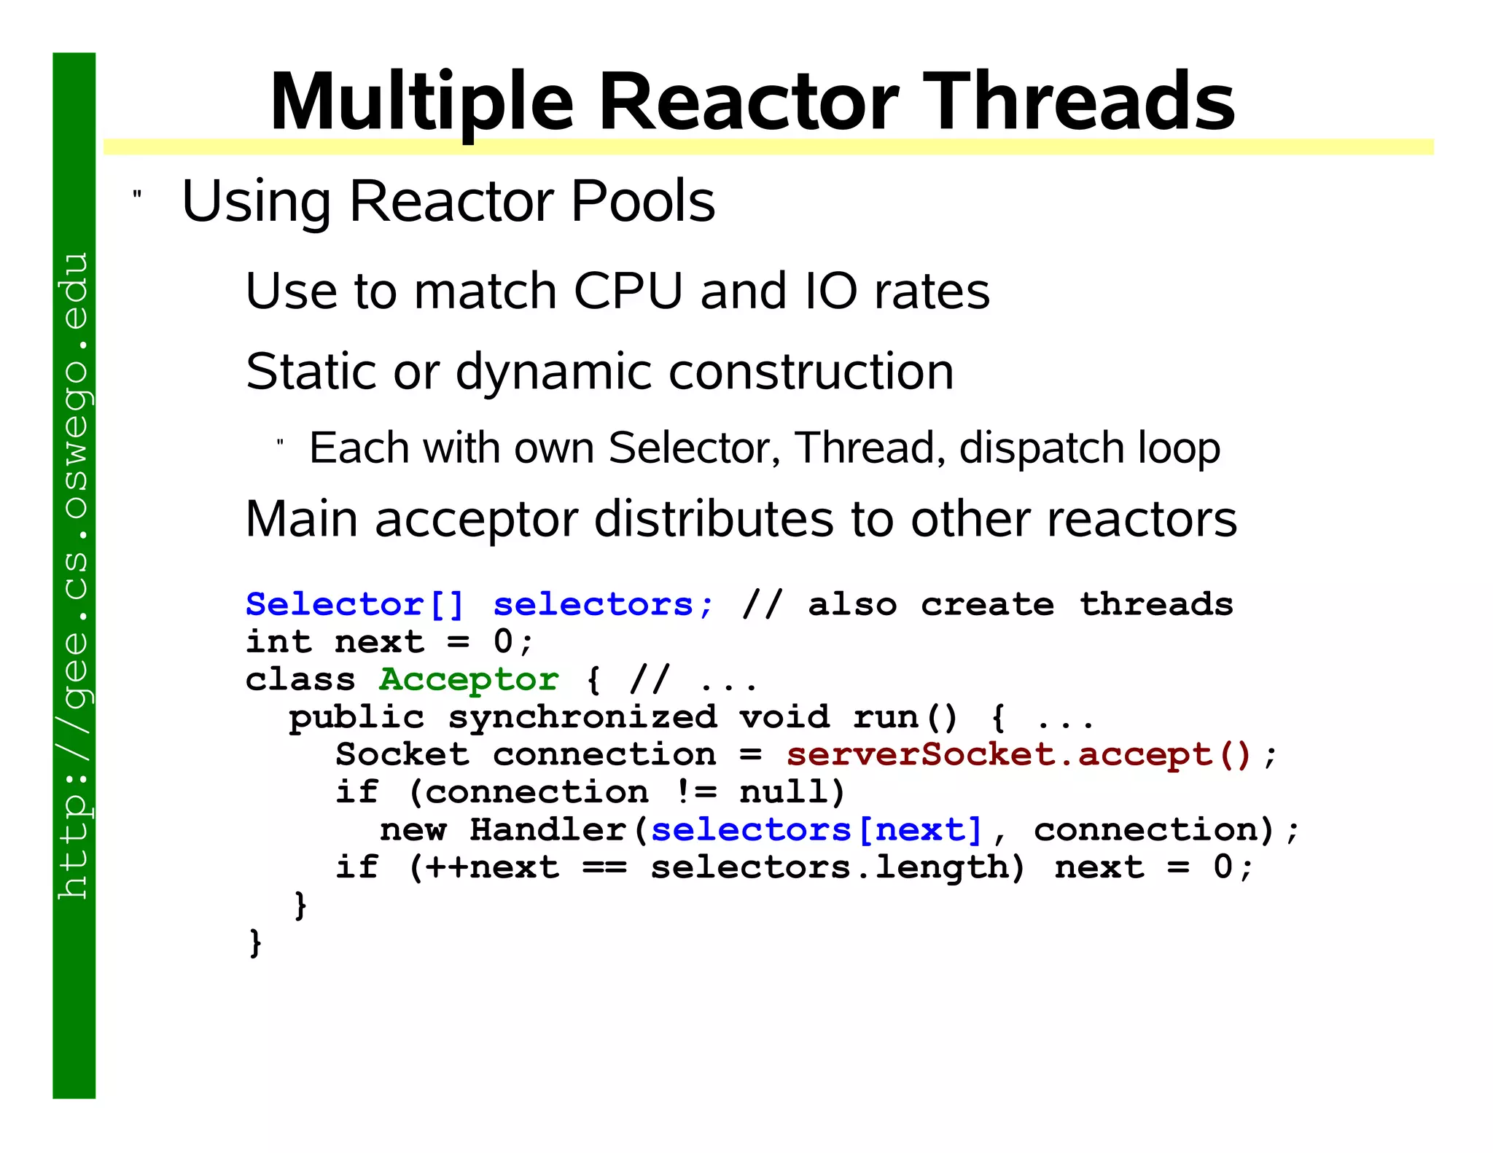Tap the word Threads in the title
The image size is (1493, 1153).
pos(1082,102)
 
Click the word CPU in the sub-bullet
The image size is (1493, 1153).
pos(628,291)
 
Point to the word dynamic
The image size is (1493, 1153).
pos(554,372)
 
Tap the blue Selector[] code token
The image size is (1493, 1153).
pos(354,605)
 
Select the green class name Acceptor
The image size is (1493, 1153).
pos(469,680)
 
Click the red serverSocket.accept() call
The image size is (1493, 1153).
pos(1018,755)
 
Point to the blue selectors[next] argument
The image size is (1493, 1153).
pos(816,830)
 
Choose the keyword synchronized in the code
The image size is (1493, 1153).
pos(582,718)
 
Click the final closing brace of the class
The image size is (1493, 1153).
pos(255,943)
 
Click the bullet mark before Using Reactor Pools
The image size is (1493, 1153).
pos(136,195)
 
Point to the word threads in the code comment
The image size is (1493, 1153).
pos(1156,605)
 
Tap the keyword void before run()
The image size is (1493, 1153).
pos(784,718)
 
